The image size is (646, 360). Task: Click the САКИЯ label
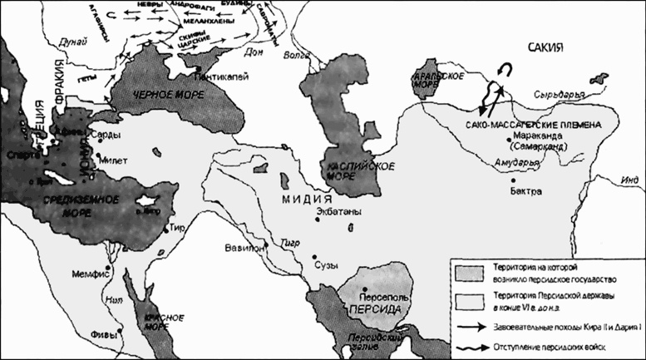tap(541, 50)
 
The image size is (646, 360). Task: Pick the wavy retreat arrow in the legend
tap(471, 345)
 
